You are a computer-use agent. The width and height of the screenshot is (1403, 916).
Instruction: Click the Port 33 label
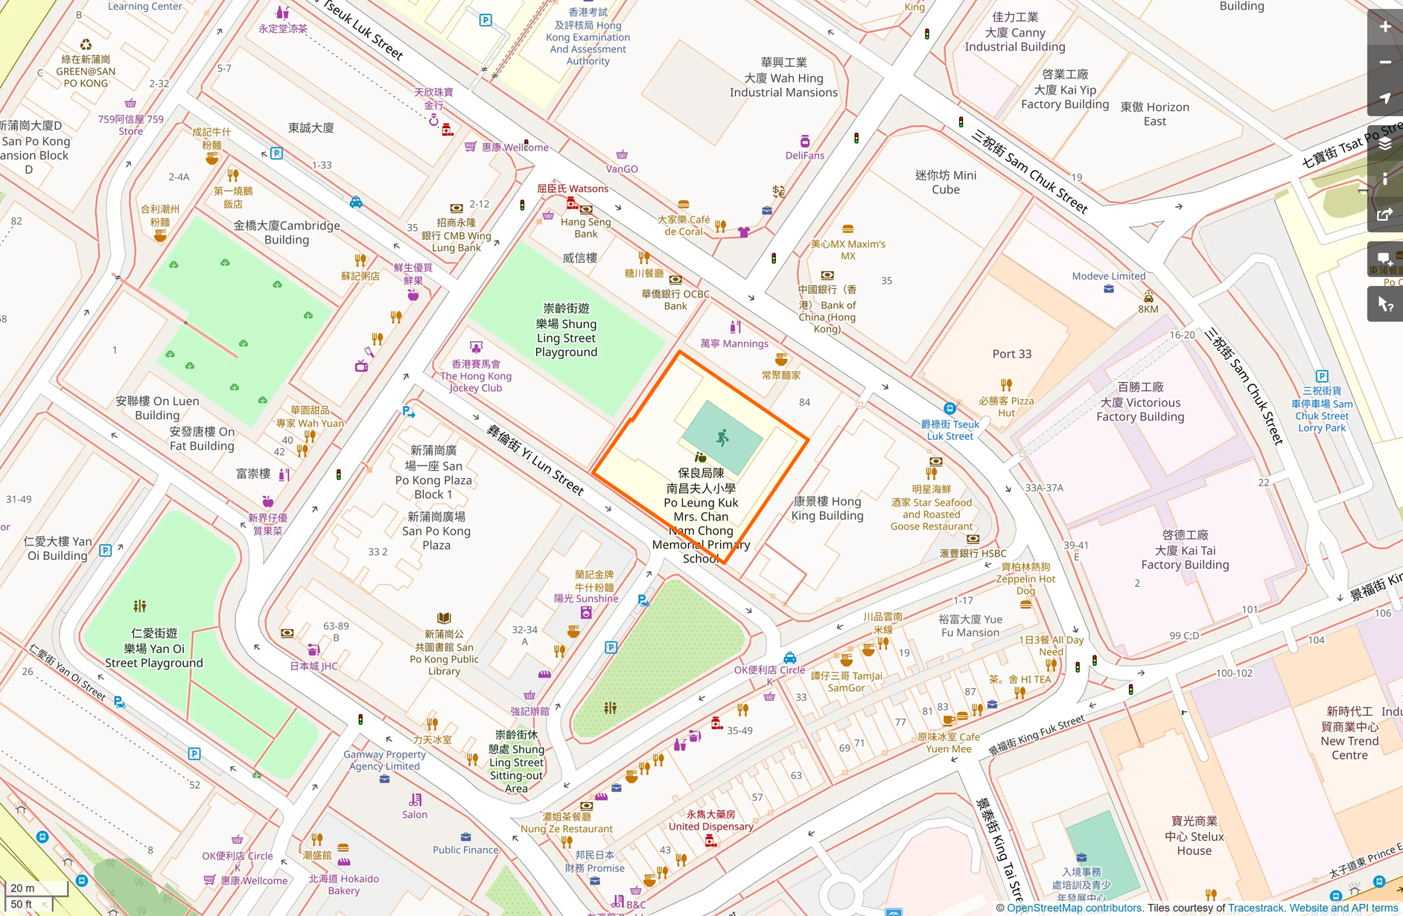[1011, 354]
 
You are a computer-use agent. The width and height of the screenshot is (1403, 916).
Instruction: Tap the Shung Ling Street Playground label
[566, 330]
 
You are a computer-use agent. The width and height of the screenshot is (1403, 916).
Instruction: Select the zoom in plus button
[1384, 27]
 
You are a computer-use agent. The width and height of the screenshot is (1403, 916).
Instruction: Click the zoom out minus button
[1384, 63]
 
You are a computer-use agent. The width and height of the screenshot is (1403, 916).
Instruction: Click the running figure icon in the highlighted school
[722, 438]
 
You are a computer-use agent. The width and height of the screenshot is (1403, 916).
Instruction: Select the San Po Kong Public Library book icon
[444, 618]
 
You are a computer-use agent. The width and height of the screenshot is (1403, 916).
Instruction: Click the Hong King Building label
[827, 508]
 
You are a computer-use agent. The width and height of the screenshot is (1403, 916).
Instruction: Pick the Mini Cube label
[945, 182]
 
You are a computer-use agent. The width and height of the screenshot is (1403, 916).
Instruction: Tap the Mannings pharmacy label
[734, 343]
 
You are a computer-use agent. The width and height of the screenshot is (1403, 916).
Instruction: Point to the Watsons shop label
[573, 188]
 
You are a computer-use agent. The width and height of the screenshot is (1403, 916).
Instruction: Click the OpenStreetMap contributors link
[1074, 908]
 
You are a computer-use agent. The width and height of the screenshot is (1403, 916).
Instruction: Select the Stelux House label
[1194, 836]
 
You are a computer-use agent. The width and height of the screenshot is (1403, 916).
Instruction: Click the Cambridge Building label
[287, 232]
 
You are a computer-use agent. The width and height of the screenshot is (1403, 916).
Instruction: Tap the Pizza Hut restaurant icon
[1006, 385]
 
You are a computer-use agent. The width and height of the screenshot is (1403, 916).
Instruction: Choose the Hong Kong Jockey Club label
[475, 376]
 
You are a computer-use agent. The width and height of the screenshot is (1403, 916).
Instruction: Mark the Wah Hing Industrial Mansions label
[783, 77]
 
